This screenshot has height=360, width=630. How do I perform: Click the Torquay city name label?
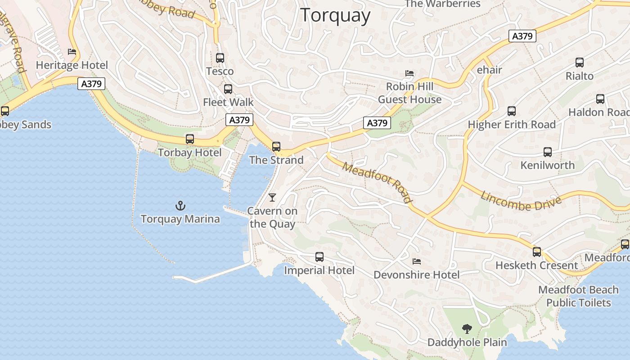click(x=335, y=15)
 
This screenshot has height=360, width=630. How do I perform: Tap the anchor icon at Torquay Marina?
click(x=180, y=206)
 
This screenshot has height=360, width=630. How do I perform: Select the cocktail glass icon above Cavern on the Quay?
click(x=272, y=197)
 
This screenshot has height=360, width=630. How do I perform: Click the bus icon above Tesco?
click(x=220, y=58)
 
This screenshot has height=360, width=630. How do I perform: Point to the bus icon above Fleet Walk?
click(x=228, y=89)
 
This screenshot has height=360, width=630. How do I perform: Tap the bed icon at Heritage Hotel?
click(x=72, y=52)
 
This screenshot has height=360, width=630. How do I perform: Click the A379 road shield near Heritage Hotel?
click(x=91, y=84)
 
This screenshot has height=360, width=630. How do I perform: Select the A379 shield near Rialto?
click(x=522, y=36)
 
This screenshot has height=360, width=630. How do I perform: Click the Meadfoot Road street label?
click(x=377, y=182)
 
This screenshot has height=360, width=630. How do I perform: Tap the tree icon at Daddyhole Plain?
click(x=467, y=329)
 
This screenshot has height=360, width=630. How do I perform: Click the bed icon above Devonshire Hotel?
click(x=417, y=261)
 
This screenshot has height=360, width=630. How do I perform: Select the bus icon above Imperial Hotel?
click(x=319, y=257)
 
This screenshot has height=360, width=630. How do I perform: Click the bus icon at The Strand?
click(x=276, y=146)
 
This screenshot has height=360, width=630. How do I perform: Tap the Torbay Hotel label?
click(x=189, y=153)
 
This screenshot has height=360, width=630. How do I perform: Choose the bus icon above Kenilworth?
click(x=548, y=152)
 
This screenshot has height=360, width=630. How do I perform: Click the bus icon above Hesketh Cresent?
click(x=537, y=252)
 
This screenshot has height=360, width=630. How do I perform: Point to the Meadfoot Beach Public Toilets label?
click(x=578, y=296)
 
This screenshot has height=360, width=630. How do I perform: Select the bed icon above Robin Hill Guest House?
click(x=409, y=73)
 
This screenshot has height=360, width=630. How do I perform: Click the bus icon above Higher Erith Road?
click(x=512, y=111)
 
